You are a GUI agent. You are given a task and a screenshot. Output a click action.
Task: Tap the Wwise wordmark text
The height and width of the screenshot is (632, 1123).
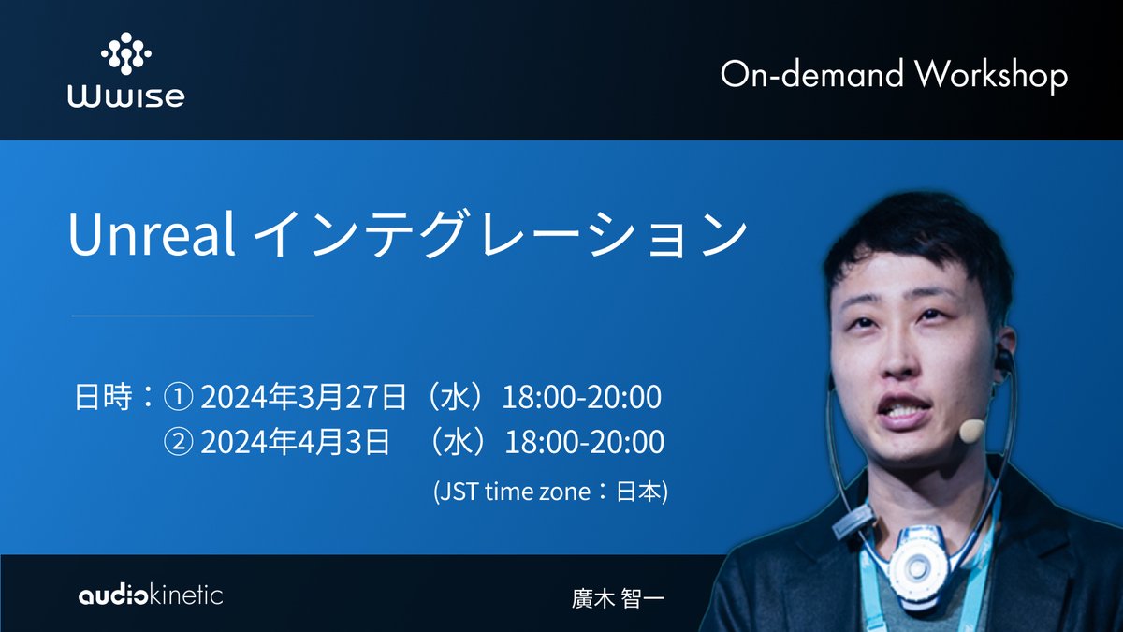click(x=125, y=97)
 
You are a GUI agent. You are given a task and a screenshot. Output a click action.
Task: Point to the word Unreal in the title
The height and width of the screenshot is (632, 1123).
click(x=151, y=236)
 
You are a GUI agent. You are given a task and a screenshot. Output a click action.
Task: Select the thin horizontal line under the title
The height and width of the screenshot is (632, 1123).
click(x=193, y=316)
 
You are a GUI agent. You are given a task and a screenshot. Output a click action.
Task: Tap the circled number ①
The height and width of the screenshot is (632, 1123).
click(x=178, y=398)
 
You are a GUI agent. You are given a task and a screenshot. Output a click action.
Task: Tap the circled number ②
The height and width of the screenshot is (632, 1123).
click(x=178, y=442)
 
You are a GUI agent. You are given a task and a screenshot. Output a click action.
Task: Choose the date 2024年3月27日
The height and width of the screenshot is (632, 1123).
click(x=303, y=398)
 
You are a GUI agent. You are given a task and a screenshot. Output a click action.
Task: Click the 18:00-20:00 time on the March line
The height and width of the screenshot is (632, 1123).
click(x=582, y=398)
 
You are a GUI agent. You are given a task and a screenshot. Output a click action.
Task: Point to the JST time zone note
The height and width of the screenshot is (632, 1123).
click(x=550, y=492)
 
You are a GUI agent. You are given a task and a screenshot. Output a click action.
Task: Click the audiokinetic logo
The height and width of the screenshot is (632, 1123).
click(x=151, y=594)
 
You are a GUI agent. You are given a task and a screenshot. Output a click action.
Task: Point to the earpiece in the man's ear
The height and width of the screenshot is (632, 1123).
click(x=1003, y=359)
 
